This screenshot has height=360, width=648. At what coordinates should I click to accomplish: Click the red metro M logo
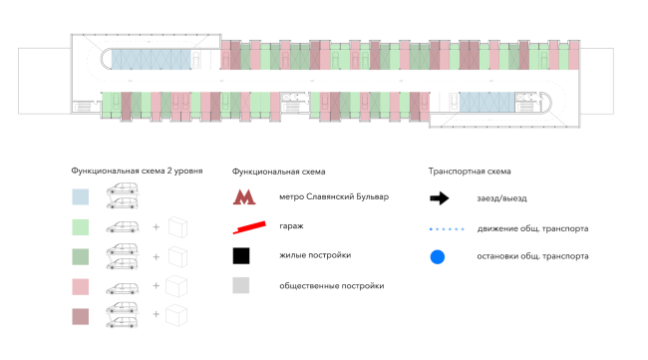pyautogui.click(x=244, y=197)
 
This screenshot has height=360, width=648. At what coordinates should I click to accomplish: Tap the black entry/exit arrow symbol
pyautogui.click(x=440, y=198)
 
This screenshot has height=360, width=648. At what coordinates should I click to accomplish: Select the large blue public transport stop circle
pyautogui.click(x=438, y=256)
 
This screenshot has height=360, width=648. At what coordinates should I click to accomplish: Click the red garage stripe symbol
pyautogui.click(x=249, y=227)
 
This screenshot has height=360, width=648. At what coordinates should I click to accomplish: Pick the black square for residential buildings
pyautogui.click(x=241, y=256)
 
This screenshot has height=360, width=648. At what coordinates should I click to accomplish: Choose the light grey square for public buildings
pyautogui.click(x=241, y=285)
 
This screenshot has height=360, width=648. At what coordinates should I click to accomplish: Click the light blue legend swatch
pyautogui.click(x=80, y=197)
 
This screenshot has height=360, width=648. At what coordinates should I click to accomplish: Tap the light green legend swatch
pyautogui.click(x=80, y=227)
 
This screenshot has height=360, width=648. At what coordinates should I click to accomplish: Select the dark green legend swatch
pyautogui.click(x=80, y=256)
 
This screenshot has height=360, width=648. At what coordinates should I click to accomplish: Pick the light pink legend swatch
pyautogui.click(x=80, y=286)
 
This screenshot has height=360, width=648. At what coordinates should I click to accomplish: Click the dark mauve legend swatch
pyautogui.click(x=80, y=316)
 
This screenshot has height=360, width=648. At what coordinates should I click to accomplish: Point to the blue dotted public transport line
pyautogui.click(x=447, y=229)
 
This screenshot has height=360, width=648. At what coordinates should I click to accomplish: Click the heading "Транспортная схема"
pyautogui.click(x=470, y=172)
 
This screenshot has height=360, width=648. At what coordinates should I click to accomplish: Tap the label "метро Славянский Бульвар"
pyautogui.click(x=334, y=196)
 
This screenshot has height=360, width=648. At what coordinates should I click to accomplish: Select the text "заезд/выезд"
pyautogui.click(x=501, y=198)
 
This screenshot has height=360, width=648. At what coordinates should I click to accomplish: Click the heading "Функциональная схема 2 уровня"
pyautogui.click(x=137, y=171)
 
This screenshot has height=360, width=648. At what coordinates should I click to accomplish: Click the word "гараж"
pyautogui.click(x=291, y=226)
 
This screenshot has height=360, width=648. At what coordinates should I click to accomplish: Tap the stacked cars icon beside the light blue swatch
pyautogui.click(x=123, y=195)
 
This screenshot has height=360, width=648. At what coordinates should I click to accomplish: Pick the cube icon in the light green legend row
pyautogui.click(x=178, y=227)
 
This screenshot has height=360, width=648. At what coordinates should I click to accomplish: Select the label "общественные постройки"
pyautogui.click(x=331, y=285)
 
